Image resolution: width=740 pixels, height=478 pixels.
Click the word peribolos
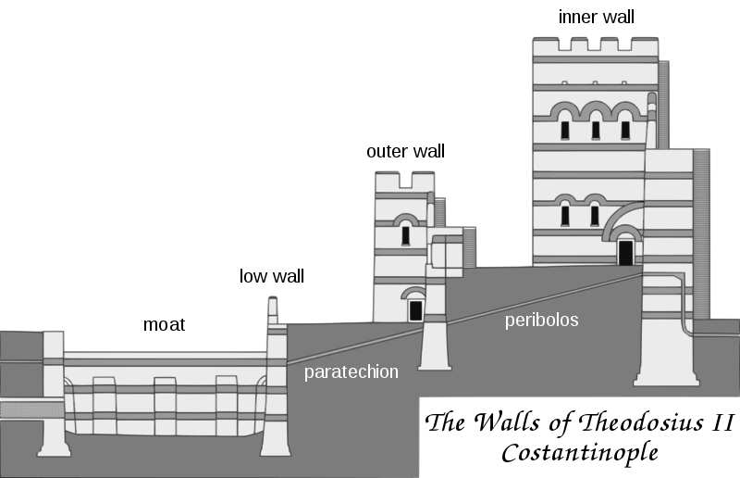point(541,321)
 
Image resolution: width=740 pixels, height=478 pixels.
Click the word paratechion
point(351,372)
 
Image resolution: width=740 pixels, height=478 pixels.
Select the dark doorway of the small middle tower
point(415,310)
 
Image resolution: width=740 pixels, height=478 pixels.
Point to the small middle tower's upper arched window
point(405,234)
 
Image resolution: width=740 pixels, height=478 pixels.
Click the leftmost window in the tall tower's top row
point(565,129)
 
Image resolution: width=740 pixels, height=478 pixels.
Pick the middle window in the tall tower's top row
point(595,129)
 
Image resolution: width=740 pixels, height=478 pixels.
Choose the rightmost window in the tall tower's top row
point(624,129)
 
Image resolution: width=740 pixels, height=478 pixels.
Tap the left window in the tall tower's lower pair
point(565,215)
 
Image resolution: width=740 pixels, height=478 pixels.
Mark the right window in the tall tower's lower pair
point(595,215)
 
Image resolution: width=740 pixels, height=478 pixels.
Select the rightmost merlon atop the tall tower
point(645,44)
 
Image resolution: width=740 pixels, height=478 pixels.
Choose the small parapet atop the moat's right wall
point(273,309)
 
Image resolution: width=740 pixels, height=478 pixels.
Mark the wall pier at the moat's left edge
point(53,394)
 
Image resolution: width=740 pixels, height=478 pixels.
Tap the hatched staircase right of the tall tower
point(701,232)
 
